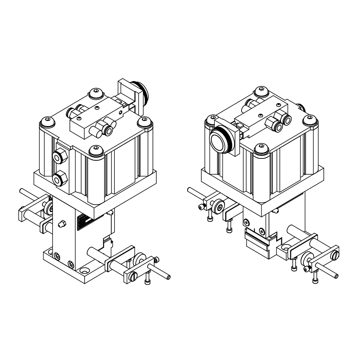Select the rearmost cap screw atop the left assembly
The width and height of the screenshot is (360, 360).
[x=96, y=93]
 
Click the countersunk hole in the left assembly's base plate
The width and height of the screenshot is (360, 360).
[x=85, y=270]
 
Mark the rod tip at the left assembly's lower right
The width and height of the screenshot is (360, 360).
[x=168, y=278]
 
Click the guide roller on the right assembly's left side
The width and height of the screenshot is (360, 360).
[x=218, y=207]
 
